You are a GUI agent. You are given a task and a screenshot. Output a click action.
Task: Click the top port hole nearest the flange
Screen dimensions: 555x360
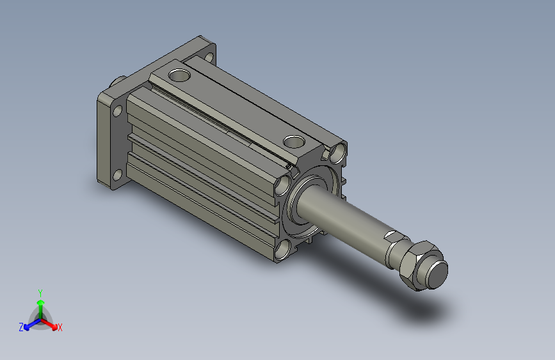[179, 75]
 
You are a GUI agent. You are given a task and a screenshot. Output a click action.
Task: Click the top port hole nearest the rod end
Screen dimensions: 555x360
[294, 142]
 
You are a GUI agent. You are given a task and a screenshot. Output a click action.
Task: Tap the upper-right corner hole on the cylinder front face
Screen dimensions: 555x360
[337, 152]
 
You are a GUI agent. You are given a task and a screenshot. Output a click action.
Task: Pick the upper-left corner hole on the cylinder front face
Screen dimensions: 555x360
[282, 185]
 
